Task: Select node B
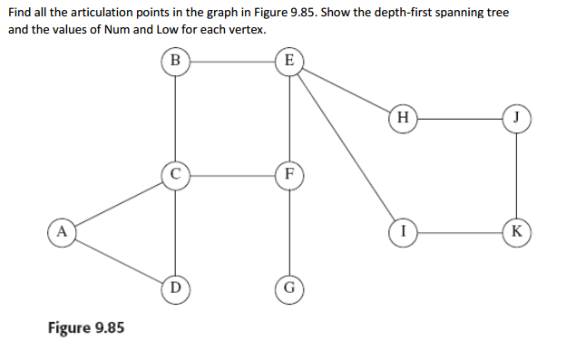pos(175,61)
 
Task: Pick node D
pos(175,288)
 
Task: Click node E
pos(288,61)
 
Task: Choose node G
pos(288,288)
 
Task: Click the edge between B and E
pos(231,61)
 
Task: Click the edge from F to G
pos(288,231)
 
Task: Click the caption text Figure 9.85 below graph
pos(86,326)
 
